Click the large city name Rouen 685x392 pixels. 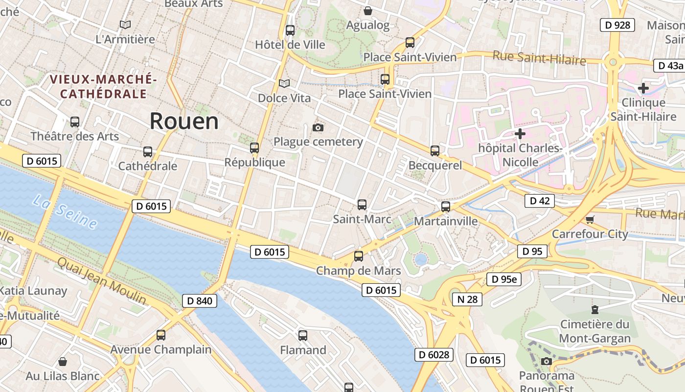click(184, 121)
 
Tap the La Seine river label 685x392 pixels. click(65, 212)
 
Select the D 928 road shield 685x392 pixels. click(617, 25)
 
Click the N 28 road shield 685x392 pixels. click(467, 299)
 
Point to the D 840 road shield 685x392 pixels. click(200, 300)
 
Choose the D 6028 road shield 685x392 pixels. click(434, 354)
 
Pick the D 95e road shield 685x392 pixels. click(504, 279)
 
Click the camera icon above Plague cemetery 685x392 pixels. click(318, 128)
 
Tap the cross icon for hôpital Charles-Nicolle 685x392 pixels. click(520, 134)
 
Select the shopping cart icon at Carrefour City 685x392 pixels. click(590, 220)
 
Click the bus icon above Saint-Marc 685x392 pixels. click(362, 205)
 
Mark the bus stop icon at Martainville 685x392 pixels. click(446, 207)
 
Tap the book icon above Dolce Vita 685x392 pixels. click(284, 84)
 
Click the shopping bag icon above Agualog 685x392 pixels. click(368, 10)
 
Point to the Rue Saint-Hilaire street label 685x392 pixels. click(539, 58)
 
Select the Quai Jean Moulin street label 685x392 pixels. click(101, 280)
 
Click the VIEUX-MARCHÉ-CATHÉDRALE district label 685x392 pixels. click(103, 86)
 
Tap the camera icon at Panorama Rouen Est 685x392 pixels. click(547, 362)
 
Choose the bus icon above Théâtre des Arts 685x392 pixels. click(75, 122)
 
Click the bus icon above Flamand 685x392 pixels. click(303, 336)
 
